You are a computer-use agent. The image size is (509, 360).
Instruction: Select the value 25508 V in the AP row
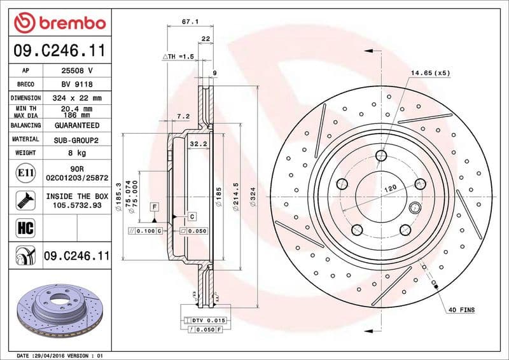(78, 71)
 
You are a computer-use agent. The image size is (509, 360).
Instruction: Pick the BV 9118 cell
(78, 84)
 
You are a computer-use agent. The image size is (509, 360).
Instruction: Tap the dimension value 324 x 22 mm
(78, 98)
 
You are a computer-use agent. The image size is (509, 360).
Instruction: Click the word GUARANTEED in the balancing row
(78, 125)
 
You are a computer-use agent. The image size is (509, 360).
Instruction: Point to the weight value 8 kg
(78, 153)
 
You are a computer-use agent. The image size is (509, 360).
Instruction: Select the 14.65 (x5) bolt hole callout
(430, 73)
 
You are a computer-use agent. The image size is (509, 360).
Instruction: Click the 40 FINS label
(462, 310)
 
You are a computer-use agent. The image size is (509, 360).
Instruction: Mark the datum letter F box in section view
(154, 207)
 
